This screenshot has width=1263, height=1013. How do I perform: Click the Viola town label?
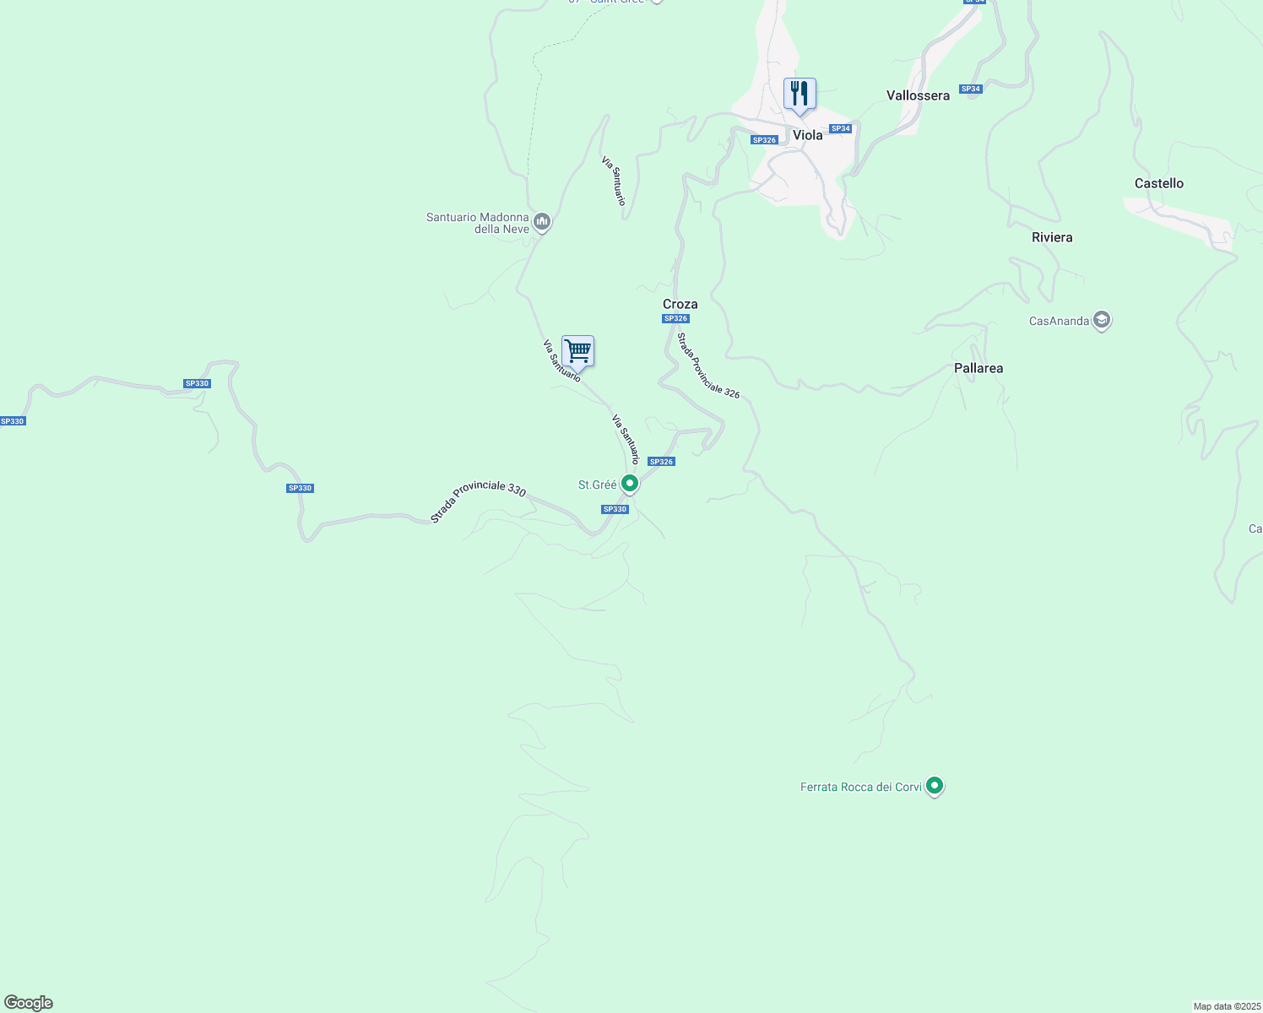(x=807, y=135)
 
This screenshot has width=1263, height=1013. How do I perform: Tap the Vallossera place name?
(x=918, y=95)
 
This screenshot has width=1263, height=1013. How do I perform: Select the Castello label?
(x=1158, y=183)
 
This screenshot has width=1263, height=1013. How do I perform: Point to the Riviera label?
(x=1052, y=237)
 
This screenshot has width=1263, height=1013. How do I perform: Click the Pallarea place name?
(x=978, y=368)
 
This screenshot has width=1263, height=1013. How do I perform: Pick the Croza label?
(x=680, y=304)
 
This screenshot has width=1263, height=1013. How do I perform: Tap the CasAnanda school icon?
(x=1101, y=320)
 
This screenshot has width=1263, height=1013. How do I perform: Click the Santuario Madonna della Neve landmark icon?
(x=542, y=222)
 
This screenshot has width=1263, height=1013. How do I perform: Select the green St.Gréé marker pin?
(x=629, y=484)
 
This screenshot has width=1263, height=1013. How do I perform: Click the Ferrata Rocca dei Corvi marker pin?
(x=934, y=786)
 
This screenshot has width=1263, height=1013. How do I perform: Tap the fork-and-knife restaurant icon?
(x=800, y=94)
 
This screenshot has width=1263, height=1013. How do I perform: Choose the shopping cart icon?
(x=577, y=350)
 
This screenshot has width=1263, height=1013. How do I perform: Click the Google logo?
(x=28, y=1003)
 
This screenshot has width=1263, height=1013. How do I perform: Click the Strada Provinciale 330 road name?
(x=478, y=501)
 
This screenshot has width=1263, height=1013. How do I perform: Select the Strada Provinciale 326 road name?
(x=708, y=366)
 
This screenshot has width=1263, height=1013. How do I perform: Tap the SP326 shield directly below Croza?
(x=675, y=318)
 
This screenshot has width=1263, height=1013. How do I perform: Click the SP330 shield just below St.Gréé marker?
(x=615, y=509)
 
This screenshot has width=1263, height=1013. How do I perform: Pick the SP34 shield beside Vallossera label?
(x=971, y=89)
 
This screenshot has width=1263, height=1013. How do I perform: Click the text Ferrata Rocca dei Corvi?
(x=861, y=787)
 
